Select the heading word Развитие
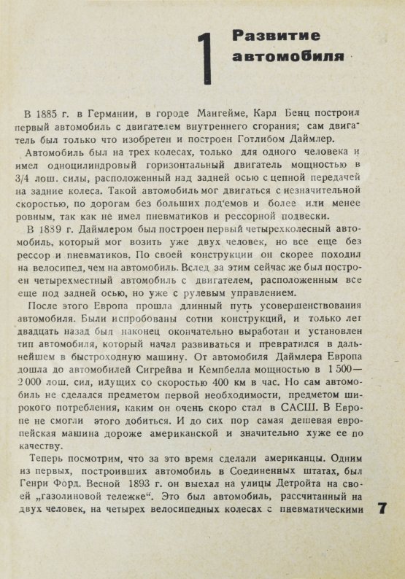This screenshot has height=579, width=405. point(266,35)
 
